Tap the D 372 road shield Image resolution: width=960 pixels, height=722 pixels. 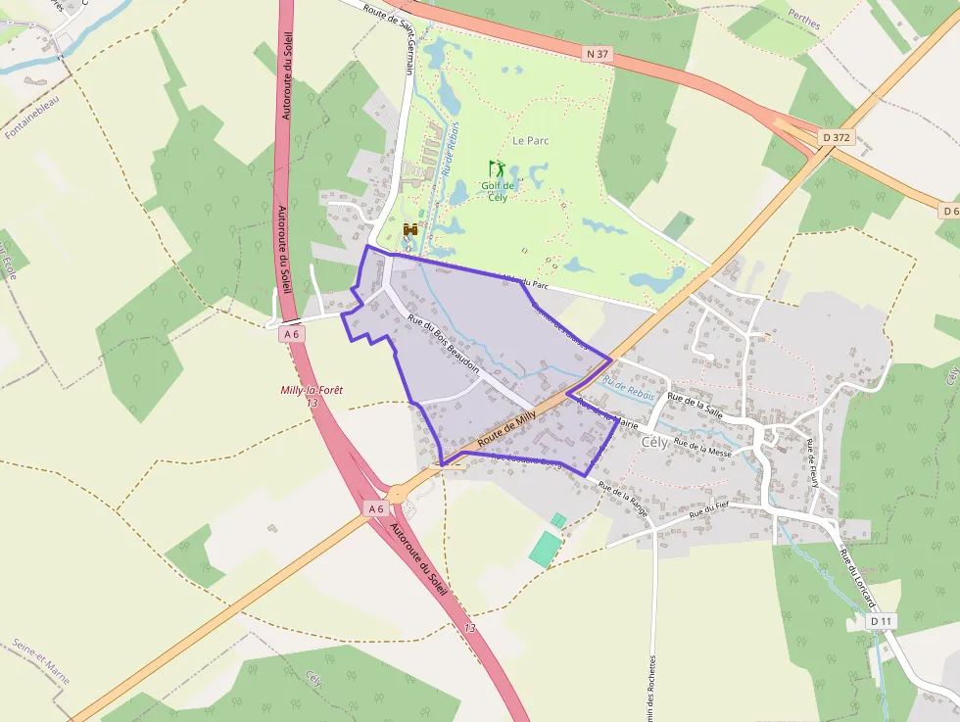click(x=836, y=137)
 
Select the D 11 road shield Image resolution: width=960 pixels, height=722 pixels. click(x=882, y=621)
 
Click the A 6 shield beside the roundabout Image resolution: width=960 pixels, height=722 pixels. click(x=376, y=508)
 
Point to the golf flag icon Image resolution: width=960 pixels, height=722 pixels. click(x=497, y=168)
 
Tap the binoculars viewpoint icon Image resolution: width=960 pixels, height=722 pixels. click(x=411, y=229)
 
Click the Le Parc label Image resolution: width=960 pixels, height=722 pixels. click(x=531, y=140)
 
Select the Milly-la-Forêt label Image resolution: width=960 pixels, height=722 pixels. click(x=312, y=390)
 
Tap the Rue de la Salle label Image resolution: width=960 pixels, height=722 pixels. click(x=695, y=406)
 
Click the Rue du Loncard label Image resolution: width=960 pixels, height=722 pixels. click(x=855, y=577)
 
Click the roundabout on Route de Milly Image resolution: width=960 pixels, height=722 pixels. click(x=397, y=495)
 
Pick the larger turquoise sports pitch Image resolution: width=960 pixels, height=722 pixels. click(x=545, y=549)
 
